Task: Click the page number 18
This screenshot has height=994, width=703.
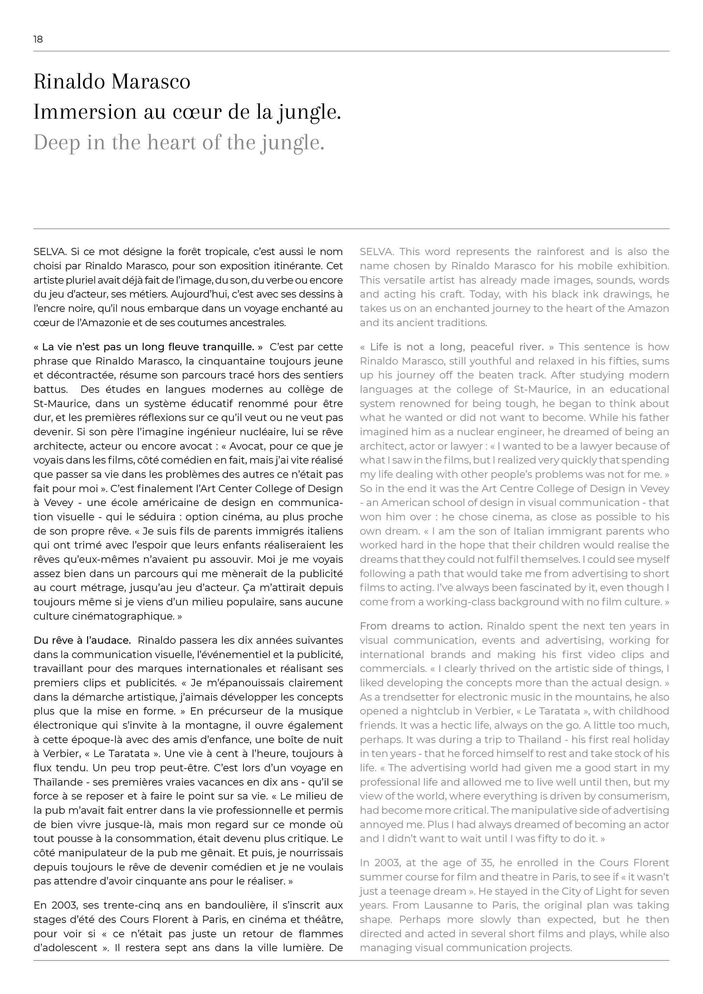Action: pos(38,39)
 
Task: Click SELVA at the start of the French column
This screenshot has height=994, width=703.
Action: pos(49,252)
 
